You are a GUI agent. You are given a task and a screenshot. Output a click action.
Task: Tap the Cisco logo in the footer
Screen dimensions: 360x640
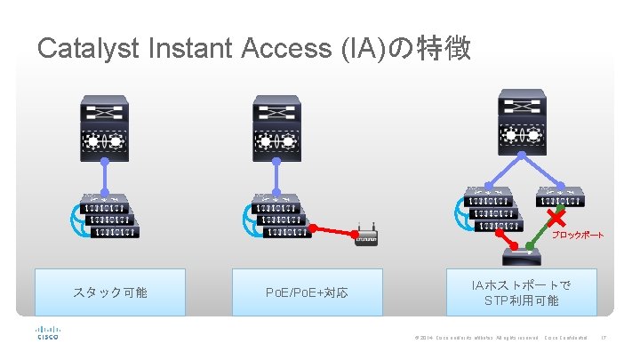pyautogui.click(x=48, y=333)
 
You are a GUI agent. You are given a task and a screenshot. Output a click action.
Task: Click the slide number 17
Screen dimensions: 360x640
pyautogui.click(x=604, y=338)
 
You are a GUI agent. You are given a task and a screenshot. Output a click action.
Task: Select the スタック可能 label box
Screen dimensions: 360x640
pyautogui.click(x=110, y=292)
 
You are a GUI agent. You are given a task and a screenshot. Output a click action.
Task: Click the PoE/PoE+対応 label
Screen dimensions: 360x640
pyautogui.click(x=307, y=292)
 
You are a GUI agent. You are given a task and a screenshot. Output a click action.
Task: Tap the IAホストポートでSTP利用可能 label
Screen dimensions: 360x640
pyautogui.click(x=522, y=292)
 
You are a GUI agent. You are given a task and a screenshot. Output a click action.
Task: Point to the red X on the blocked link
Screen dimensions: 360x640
pyautogui.click(x=557, y=218)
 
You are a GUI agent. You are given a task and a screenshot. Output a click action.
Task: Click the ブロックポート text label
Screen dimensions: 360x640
pyautogui.click(x=578, y=236)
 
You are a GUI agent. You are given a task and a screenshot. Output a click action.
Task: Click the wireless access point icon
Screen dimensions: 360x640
pyautogui.click(x=366, y=236)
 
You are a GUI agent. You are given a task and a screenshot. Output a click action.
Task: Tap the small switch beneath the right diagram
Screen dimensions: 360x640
pyautogui.click(x=522, y=257)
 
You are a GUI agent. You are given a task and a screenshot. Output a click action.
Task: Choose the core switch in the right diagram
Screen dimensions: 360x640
pyautogui.click(x=522, y=120)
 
